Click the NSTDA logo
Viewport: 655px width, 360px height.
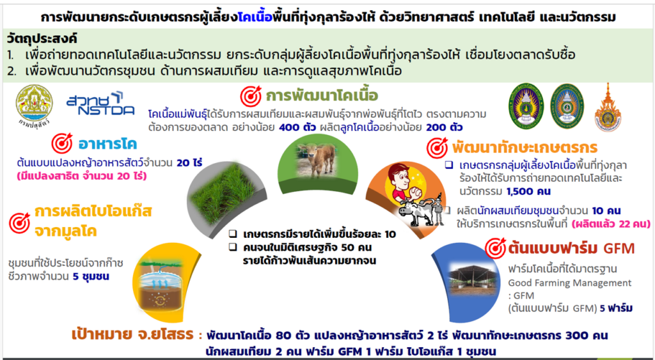pos(100,104)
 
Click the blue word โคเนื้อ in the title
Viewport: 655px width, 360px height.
pos(255,17)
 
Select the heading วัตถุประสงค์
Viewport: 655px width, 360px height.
pos(42,39)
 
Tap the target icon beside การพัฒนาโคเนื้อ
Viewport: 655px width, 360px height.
pos(251,96)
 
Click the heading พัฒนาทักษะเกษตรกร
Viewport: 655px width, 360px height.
pos(525,148)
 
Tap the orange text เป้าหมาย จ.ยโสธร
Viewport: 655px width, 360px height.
pos(132,334)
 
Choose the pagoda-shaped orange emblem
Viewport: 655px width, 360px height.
pos(608,108)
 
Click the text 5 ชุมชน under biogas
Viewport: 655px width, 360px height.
pos(91,276)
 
